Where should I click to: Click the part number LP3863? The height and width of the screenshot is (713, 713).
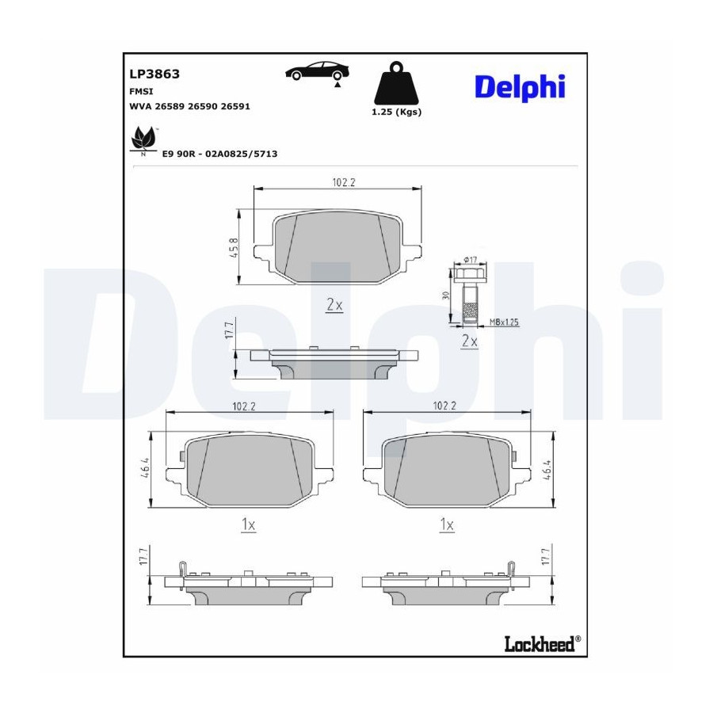(x=154, y=74)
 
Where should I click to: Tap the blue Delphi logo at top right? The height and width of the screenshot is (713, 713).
(x=520, y=87)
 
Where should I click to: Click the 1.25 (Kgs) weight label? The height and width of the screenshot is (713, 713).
(x=397, y=112)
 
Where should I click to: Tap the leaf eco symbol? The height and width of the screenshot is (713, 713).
(x=143, y=141)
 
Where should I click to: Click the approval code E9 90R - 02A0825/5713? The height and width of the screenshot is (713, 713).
(x=219, y=154)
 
